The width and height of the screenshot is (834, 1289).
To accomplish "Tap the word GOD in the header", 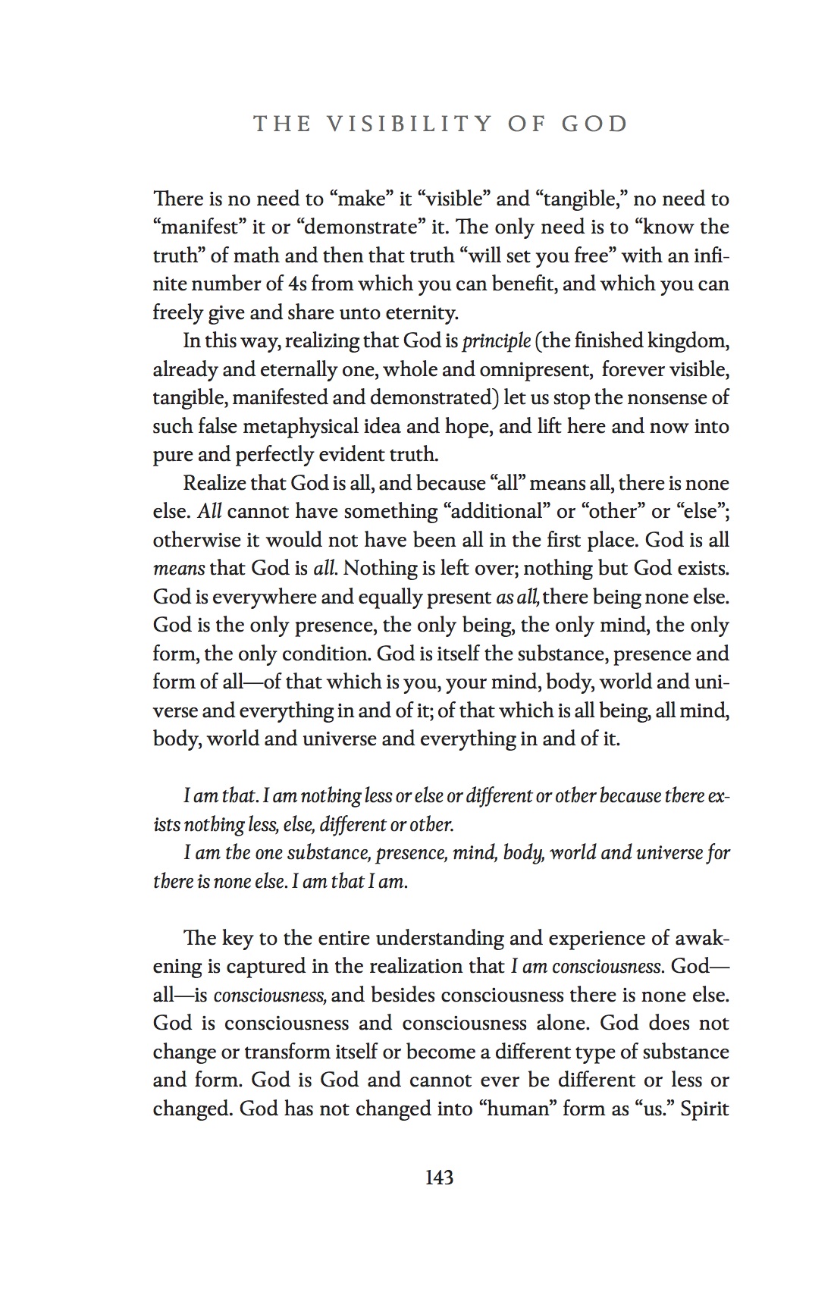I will (x=594, y=124).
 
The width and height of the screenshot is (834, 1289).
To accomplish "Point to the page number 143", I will (x=439, y=1178).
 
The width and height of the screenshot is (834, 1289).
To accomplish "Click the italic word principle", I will (x=497, y=341).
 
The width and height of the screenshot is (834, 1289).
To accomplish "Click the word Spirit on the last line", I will (x=704, y=1109).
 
